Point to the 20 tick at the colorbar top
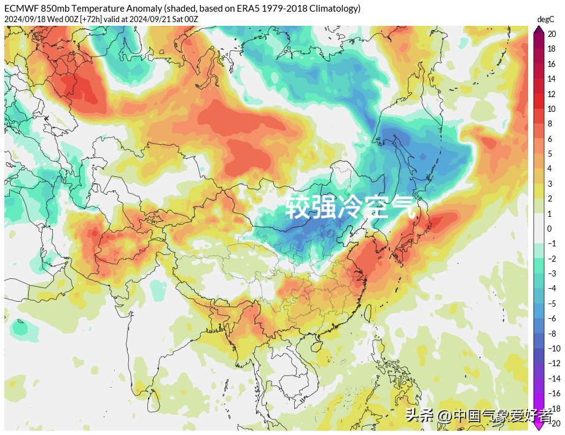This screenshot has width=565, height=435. click(x=551, y=34)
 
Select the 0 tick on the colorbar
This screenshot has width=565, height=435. click(x=550, y=229)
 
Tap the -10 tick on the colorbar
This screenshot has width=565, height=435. click(x=553, y=348)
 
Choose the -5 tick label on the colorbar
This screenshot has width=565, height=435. click(x=551, y=304)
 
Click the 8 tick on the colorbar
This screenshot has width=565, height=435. click(x=550, y=124)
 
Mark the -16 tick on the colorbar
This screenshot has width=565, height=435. click(x=553, y=393)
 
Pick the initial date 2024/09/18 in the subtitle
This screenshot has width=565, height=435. click(x=24, y=19)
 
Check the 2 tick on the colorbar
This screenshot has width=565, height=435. click(x=550, y=198)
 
